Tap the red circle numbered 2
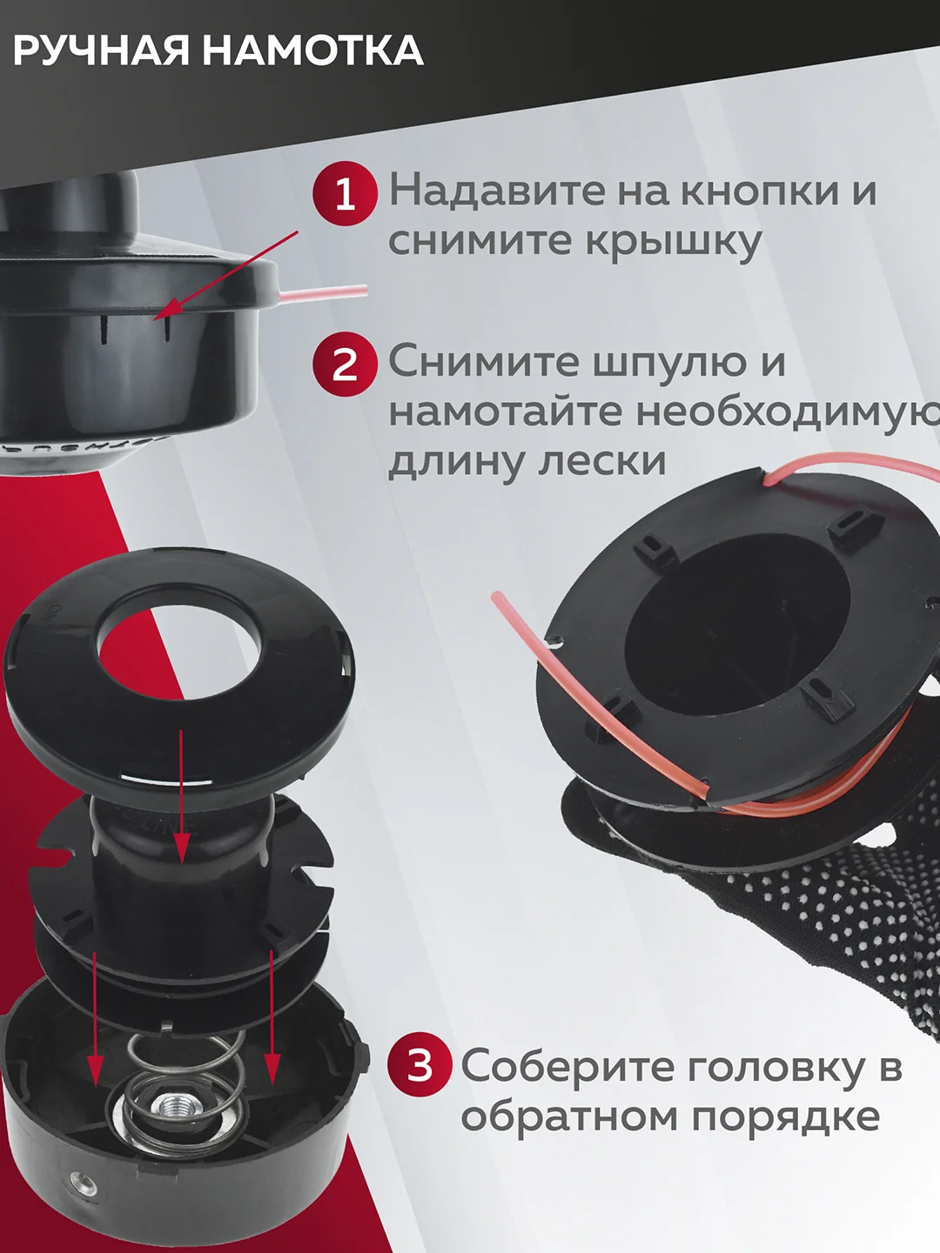[345, 365]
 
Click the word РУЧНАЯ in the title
[101, 51]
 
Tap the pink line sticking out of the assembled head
[323, 293]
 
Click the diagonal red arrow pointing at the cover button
[226, 274]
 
